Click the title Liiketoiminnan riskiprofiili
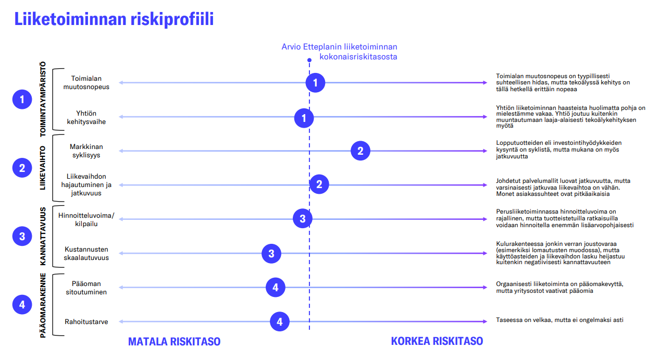(x=114, y=19)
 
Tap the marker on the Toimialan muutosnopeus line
(x=315, y=83)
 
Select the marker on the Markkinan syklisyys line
(x=361, y=151)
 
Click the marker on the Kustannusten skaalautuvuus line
(x=271, y=253)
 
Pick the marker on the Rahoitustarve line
(x=280, y=321)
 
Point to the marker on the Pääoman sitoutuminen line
(x=276, y=288)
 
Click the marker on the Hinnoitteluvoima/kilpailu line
(x=303, y=219)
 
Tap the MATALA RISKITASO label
(x=174, y=342)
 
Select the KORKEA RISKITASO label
(x=437, y=341)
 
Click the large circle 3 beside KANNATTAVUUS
(x=22, y=237)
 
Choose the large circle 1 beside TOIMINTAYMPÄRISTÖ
(x=22, y=100)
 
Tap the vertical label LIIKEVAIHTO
(x=43, y=168)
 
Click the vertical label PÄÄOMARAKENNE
(x=43, y=305)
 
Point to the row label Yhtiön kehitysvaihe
(x=86, y=117)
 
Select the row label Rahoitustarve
(x=86, y=322)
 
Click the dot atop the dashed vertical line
(x=309, y=60)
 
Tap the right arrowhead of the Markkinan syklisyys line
(x=485, y=151)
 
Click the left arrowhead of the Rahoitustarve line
(x=121, y=322)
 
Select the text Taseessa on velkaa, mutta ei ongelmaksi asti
(x=560, y=320)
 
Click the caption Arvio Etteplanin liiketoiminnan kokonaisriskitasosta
(x=339, y=52)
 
